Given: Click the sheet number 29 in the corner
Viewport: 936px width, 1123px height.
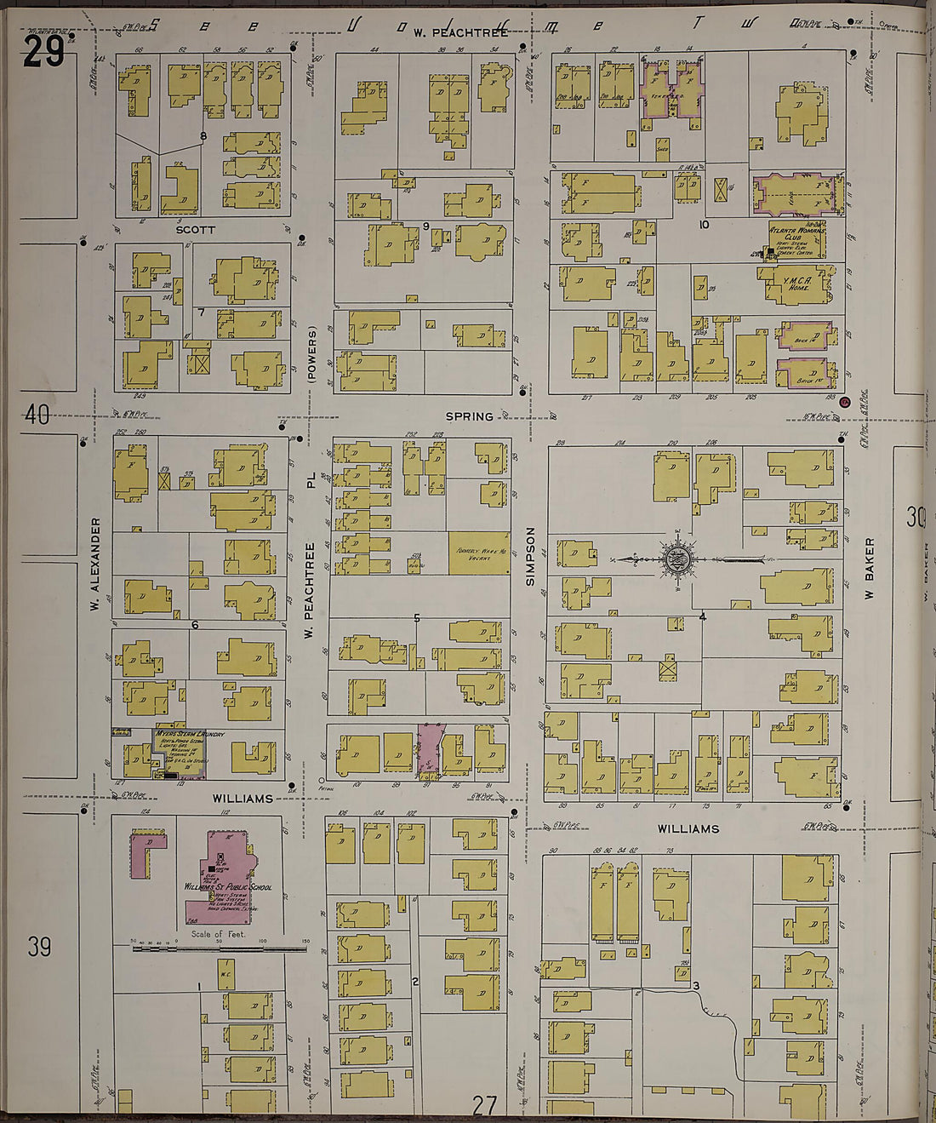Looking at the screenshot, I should [x=43, y=52].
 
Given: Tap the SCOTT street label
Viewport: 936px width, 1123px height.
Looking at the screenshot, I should [x=195, y=230].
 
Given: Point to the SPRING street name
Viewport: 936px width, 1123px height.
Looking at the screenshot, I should [x=470, y=416].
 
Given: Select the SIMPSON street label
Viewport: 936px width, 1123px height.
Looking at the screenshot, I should [x=530, y=556].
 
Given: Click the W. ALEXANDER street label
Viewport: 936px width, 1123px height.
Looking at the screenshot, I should [x=95, y=564].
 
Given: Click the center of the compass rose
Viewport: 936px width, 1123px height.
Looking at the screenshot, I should [x=676, y=559].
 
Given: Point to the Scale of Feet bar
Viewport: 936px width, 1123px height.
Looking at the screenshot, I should [x=219, y=946].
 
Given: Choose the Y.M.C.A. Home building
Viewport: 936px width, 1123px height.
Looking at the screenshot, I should [x=798, y=284].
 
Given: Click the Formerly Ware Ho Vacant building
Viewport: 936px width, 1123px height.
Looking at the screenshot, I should [x=479, y=553].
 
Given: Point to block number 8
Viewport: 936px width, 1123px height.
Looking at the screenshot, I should [x=203, y=135].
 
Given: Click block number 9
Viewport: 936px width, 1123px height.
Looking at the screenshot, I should [x=425, y=226].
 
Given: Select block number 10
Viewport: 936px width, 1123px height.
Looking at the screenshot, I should [x=703, y=225].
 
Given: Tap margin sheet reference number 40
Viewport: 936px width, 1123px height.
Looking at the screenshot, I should [x=37, y=415].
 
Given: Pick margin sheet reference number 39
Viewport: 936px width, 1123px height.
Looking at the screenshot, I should [x=39, y=946].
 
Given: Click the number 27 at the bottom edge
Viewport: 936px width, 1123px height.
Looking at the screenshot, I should [x=484, y=1105].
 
